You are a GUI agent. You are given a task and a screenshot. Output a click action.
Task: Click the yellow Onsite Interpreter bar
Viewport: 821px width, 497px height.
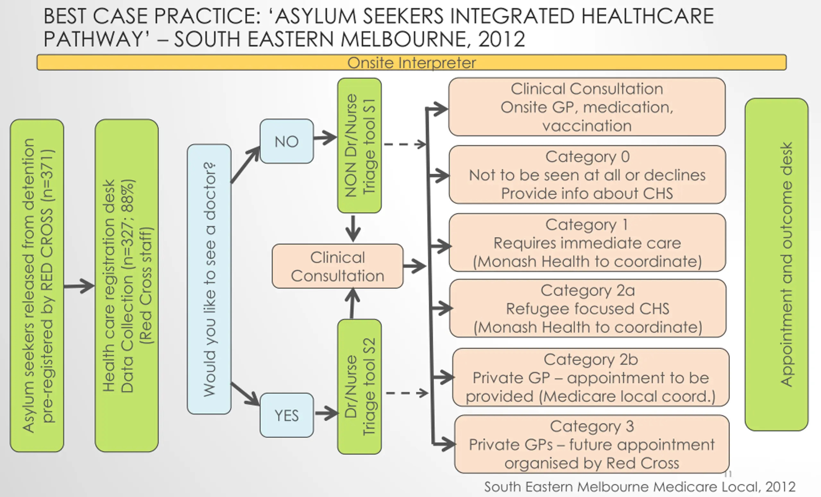tap(411, 63)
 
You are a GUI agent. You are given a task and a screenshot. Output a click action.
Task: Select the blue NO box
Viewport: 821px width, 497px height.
tap(287, 141)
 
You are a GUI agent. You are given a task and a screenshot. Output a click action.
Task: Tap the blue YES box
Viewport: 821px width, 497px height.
tap(287, 415)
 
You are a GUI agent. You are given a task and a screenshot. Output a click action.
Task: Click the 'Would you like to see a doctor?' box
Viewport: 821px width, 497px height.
tap(209, 279)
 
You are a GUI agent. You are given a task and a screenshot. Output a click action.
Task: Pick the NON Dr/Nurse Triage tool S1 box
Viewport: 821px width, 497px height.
tap(359, 146)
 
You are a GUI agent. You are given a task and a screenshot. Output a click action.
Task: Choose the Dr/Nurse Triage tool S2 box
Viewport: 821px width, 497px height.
tap(359, 386)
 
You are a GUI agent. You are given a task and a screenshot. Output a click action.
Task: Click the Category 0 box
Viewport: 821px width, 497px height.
tap(587, 174)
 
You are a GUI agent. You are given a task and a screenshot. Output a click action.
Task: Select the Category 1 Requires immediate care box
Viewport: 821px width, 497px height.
tap(587, 242)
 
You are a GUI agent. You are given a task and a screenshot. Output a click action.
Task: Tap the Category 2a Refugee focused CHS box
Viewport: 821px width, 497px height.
tap(588, 308)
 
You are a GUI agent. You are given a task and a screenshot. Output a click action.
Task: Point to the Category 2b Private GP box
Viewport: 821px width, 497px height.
tap(590, 377)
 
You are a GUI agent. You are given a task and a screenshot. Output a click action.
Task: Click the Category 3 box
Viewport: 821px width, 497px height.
tap(592, 444)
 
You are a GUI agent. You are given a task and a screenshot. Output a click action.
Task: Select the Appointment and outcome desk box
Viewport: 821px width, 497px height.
tap(776, 264)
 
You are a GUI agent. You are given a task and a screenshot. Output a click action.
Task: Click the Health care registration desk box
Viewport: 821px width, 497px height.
tap(127, 285)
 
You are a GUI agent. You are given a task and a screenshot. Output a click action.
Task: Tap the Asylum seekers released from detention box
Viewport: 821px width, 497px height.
tap(37, 285)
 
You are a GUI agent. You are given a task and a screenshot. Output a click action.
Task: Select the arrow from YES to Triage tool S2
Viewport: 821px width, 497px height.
tap(326, 413)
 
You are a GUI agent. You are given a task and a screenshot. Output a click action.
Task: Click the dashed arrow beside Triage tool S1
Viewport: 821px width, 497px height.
tap(404, 144)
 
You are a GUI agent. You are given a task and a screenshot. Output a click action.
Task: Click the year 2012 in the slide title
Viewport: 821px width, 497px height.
tap(502, 39)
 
